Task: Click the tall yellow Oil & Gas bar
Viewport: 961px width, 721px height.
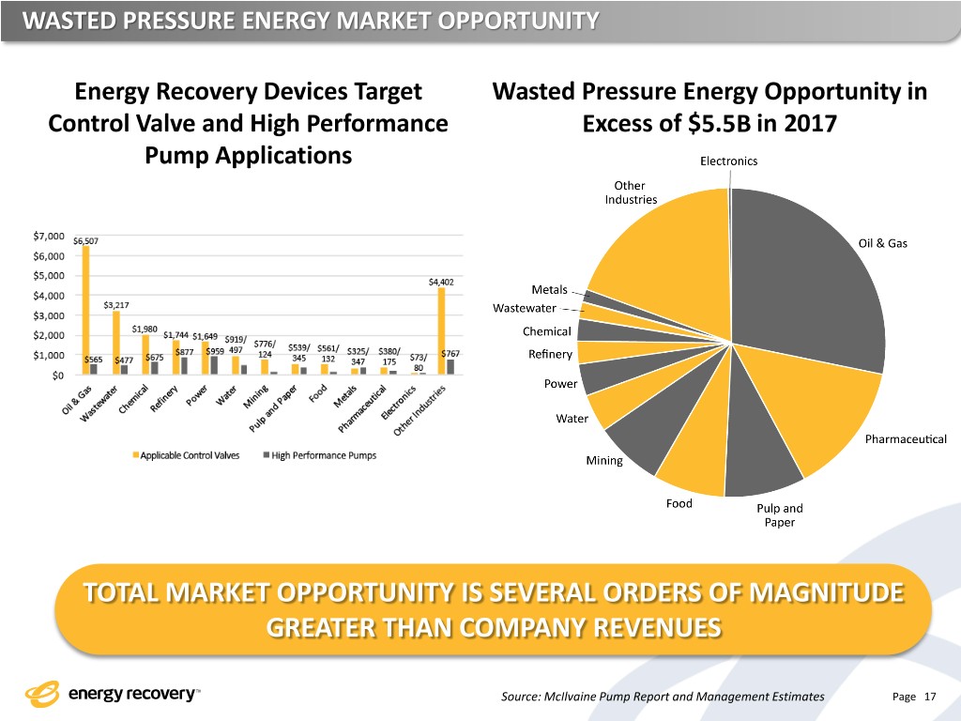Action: (x=85, y=310)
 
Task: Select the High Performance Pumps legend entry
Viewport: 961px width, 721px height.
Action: (x=324, y=455)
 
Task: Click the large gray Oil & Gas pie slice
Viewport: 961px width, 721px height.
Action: (x=807, y=282)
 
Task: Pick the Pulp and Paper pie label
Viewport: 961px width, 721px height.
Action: (x=779, y=515)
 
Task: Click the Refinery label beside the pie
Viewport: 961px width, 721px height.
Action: (x=550, y=354)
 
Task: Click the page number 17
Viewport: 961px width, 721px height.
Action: (x=930, y=697)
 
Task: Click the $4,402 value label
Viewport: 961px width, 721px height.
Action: (x=441, y=281)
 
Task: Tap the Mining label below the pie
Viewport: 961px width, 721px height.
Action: (x=604, y=460)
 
